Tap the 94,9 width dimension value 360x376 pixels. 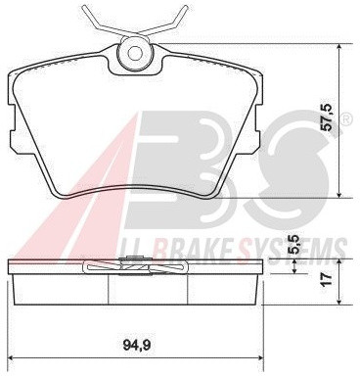pos(137,345)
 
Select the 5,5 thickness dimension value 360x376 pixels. pos(294,245)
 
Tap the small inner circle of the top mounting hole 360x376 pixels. pos(135,53)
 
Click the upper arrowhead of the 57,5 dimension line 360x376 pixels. pos(339,47)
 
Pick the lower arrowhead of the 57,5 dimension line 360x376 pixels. pos(339,195)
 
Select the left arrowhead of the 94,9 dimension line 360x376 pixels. pos(11,357)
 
